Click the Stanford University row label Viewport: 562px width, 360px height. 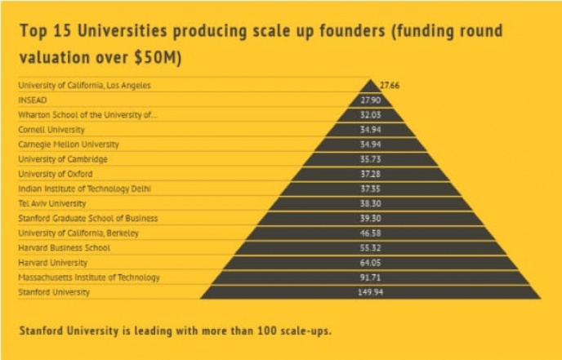tap(54, 292)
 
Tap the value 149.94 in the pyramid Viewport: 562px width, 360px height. tap(371, 292)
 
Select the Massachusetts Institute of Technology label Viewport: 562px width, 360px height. tap(89, 278)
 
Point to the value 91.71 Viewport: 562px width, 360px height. tap(371, 278)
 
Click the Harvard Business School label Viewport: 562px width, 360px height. tap(65, 248)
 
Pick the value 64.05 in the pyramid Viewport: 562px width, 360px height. tap(371, 263)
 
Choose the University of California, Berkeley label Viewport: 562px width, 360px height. tap(78, 233)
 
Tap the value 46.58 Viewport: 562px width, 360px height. tap(371, 233)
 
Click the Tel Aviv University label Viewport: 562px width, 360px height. tap(52, 204)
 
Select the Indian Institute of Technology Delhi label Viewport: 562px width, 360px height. tap(85, 189)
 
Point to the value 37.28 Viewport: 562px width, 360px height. tap(371, 174)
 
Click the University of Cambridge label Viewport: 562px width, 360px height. tap(63, 159)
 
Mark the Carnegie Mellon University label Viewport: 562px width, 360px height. tap(69, 144)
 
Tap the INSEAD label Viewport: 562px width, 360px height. tap(33, 100)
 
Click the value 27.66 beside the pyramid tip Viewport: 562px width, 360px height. tap(390, 86)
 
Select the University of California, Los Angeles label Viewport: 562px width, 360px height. tap(85, 86)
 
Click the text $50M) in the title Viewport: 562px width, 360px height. tap(158, 58)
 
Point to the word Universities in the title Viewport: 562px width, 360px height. tap(123, 31)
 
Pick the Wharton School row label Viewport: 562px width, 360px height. tap(87, 115)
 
